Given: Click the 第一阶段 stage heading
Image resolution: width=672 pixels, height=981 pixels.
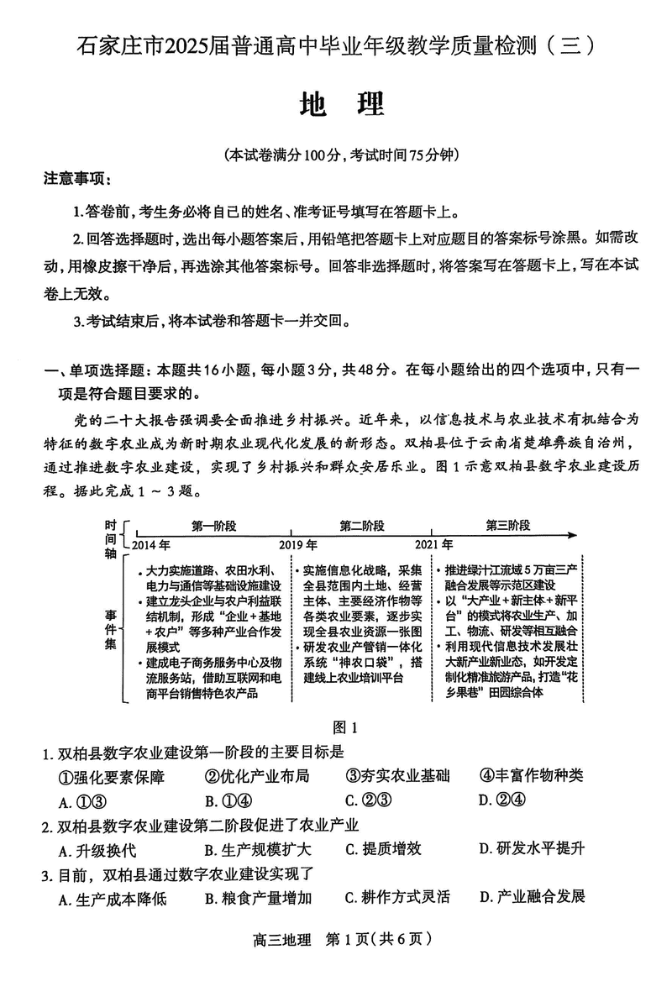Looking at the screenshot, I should (213, 526).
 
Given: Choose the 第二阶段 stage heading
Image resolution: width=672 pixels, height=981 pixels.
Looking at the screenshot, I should (362, 526).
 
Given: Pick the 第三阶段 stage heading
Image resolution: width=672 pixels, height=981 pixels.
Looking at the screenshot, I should (508, 526).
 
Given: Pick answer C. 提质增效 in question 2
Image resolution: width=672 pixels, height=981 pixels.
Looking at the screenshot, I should (383, 848).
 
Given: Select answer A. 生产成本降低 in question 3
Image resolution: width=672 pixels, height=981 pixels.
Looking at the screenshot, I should (113, 899).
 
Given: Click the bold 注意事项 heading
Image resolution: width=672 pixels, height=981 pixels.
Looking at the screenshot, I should (77, 179).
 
